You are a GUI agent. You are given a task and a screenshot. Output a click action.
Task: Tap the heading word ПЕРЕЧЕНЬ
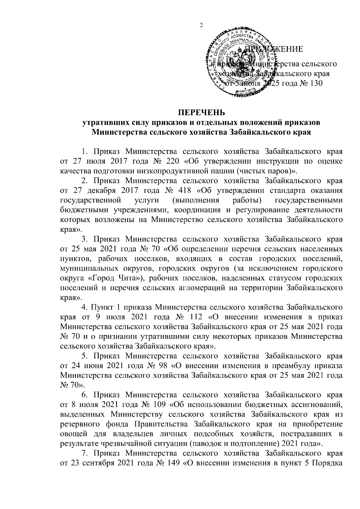tap(201, 113)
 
